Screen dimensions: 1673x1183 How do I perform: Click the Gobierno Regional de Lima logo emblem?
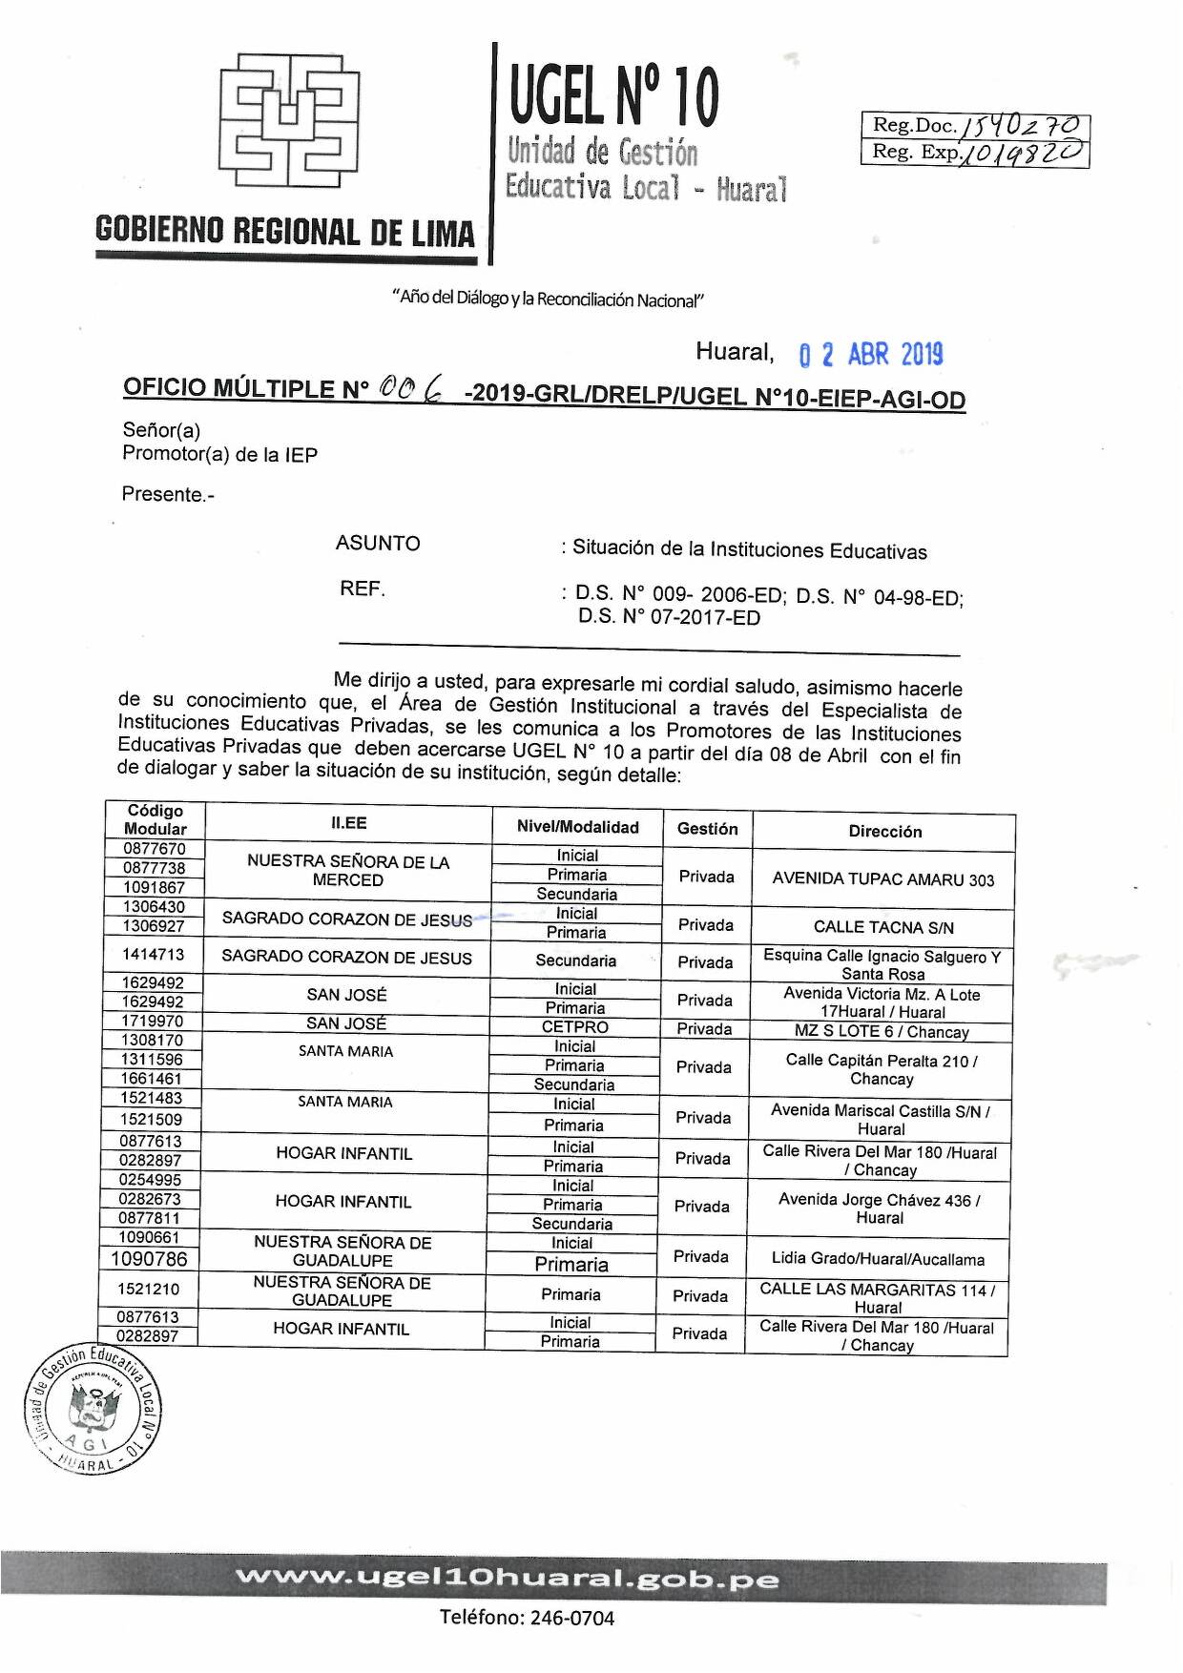pos(289,121)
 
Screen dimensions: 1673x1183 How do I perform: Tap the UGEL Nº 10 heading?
pos(614,96)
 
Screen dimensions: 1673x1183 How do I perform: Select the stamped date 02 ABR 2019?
pos(870,355)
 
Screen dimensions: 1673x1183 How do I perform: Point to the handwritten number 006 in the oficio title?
pos(411,387)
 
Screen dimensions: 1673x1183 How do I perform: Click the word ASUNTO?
pos(378,544)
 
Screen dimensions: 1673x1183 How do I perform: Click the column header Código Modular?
pos(156,819)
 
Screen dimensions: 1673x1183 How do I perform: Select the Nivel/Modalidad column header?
pos(577,827)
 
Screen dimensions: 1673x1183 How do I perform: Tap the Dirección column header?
pos(884,831)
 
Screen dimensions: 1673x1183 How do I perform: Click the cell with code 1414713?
pos(153,954)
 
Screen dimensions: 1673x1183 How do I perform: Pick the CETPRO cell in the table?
pos(574,1027)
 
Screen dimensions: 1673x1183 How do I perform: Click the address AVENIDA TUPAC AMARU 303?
pos(882,879)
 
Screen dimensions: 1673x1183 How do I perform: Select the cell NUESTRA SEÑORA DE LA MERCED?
pos(348,870)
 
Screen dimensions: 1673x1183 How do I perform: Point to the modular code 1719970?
pos(152,1022)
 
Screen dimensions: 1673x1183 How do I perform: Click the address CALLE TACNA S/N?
pos(882,927)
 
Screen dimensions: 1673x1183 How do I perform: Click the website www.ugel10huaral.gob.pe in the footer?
pos(507,1579)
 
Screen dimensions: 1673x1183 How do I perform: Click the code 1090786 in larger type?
pos(150,1259)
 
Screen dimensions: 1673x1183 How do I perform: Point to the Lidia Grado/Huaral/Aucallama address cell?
pos(878,1259)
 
